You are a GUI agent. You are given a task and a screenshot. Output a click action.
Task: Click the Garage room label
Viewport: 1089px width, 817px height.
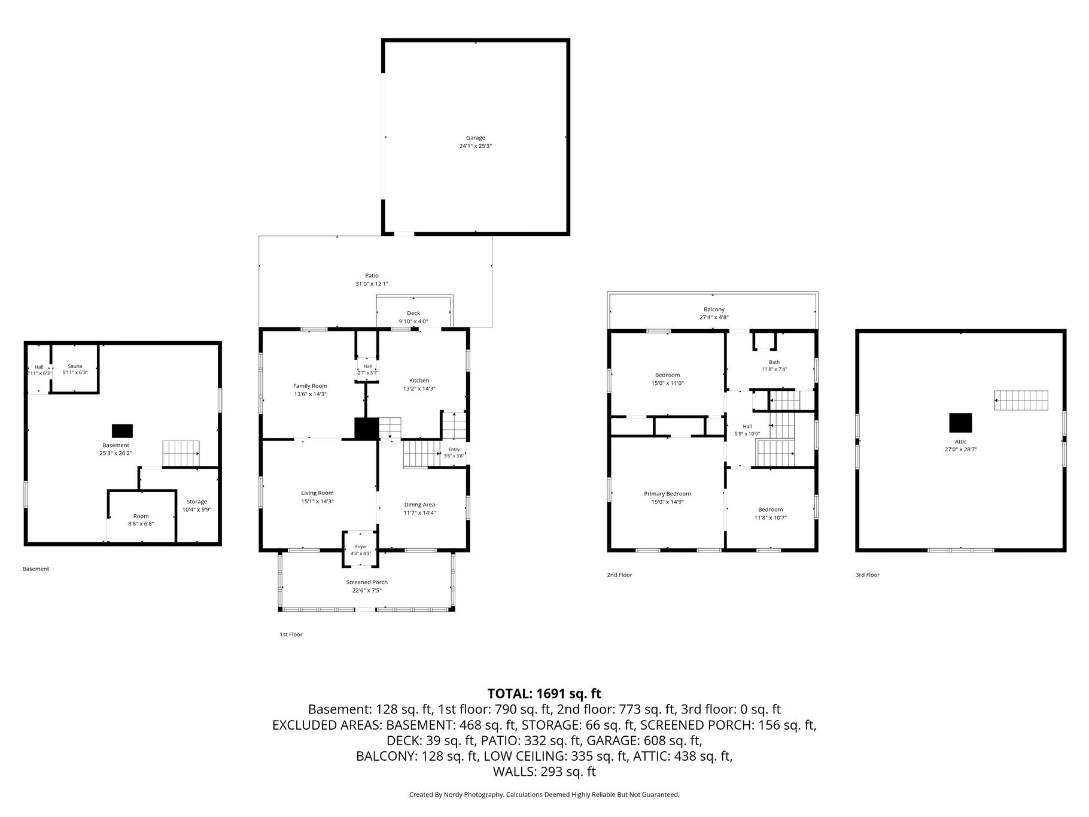click(x=476, y=138)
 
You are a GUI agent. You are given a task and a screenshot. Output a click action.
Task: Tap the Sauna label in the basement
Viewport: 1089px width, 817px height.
click(x=75, y=366)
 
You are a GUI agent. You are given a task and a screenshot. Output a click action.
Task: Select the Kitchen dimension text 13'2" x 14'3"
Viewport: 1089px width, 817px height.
click(x=419, y=388)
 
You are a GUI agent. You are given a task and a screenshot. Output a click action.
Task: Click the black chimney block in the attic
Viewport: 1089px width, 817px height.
click(x=960, y=423)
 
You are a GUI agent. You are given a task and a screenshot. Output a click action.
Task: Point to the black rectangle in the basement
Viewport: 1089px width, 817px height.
click(x=122, y=431)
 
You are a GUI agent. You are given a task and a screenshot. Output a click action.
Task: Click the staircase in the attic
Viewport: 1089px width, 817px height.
click(x=1021, y=400)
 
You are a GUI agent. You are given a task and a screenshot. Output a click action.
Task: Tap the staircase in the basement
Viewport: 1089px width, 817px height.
click(x=181, y=454)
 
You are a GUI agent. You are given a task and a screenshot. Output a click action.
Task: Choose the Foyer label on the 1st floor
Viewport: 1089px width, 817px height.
click(x=361, y=546)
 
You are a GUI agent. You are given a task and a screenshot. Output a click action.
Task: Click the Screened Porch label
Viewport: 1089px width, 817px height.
click(x=367, y=582)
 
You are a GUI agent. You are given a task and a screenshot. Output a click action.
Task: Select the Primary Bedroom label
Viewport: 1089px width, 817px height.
click(x=667, y=494)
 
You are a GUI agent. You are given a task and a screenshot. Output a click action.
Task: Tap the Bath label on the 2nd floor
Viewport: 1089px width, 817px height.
click(x=774, y=362)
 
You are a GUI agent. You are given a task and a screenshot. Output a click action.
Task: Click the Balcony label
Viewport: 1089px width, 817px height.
click(x=714, y=309)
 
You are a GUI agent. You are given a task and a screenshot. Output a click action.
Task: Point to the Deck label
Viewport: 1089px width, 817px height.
click(x=413, y=313)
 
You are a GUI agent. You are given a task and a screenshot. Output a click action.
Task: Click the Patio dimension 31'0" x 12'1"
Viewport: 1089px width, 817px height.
click(x=372, y=284)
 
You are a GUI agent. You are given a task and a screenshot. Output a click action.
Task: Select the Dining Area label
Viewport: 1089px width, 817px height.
click(x=419, y=505)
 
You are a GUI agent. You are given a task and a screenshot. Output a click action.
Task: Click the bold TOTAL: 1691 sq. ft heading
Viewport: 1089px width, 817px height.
click(x=544, y=694)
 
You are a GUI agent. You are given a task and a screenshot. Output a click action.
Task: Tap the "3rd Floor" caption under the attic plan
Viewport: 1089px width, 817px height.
click(x=868, y=575)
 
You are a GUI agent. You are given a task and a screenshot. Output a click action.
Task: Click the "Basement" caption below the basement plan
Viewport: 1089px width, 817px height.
click(x=36, y=569)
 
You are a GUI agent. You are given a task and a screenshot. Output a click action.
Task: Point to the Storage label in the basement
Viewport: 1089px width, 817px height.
click(x=197, y=502)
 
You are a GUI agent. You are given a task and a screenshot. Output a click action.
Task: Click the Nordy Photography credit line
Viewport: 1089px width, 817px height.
click(x=544, y=795)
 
